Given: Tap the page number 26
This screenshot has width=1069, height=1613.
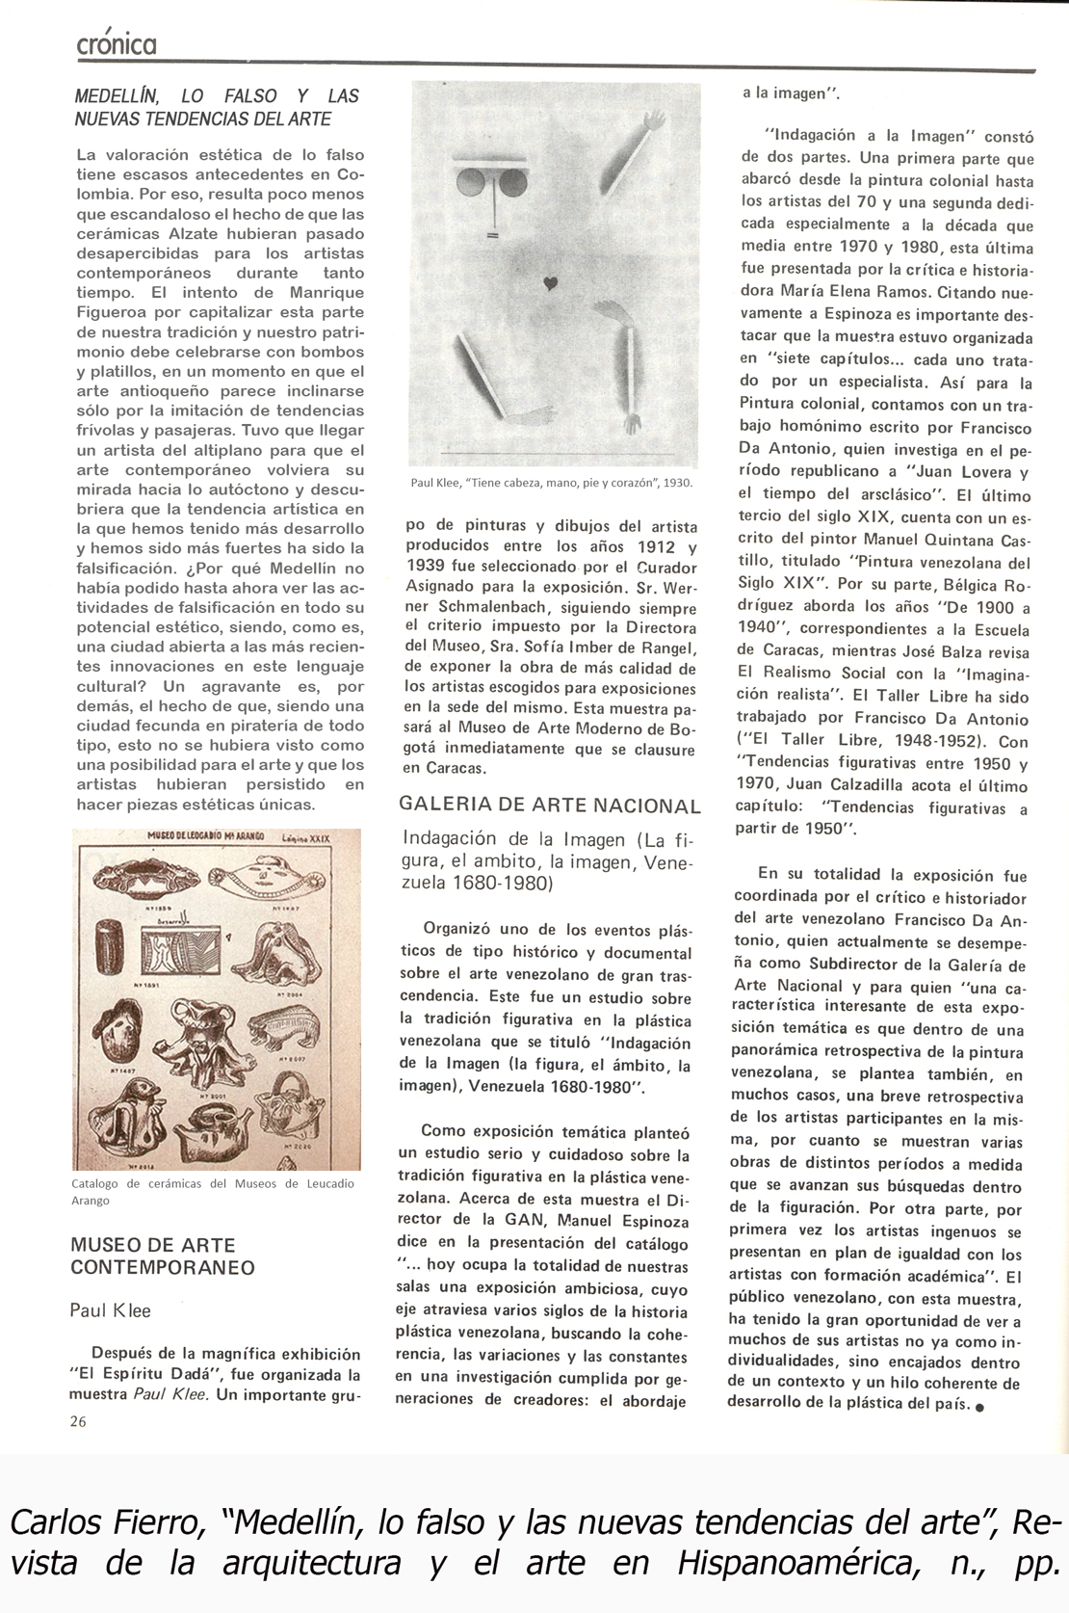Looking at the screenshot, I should tap(78, 1420).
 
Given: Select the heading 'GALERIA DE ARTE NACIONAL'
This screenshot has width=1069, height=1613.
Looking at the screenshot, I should tap(550, 806).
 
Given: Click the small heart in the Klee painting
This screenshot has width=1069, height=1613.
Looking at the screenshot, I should tap(550, 283).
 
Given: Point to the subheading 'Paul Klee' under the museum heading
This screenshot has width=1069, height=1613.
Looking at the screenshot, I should tap(110, 1310).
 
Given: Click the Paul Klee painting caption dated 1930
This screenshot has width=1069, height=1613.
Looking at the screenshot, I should tap(551, 483).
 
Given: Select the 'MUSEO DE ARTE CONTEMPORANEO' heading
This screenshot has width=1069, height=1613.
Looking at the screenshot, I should tap(162, 1256).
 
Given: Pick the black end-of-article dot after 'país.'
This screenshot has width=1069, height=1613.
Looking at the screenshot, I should tap(979, 1407).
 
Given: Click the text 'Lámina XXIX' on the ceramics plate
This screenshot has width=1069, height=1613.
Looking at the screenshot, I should tap(305, 838).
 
